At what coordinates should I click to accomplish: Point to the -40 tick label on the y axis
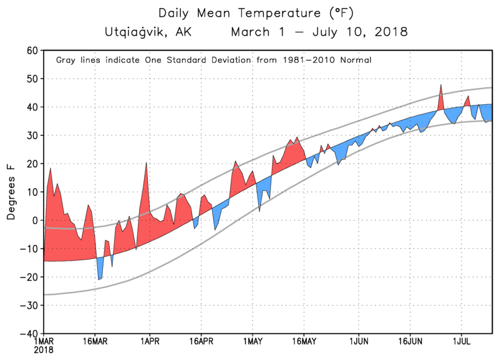(x=29, y=334)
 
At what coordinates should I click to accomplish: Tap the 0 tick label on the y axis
(x=36, y=220)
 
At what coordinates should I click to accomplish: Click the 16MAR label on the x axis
(x=95, y=343)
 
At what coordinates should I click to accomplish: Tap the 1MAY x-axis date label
(x=253, y=343)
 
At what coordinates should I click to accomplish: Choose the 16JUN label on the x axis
(x=410, y=343)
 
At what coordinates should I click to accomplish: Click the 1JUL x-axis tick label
(x=462, y=343)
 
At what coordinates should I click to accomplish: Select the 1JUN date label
(x=359, y=343)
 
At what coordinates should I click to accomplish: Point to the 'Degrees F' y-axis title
(x=11, y=192)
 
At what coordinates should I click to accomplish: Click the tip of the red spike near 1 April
(x=147, y=163)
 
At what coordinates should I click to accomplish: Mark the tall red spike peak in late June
(x=441, y=84)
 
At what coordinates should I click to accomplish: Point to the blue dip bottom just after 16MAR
(x=99, y=280)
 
